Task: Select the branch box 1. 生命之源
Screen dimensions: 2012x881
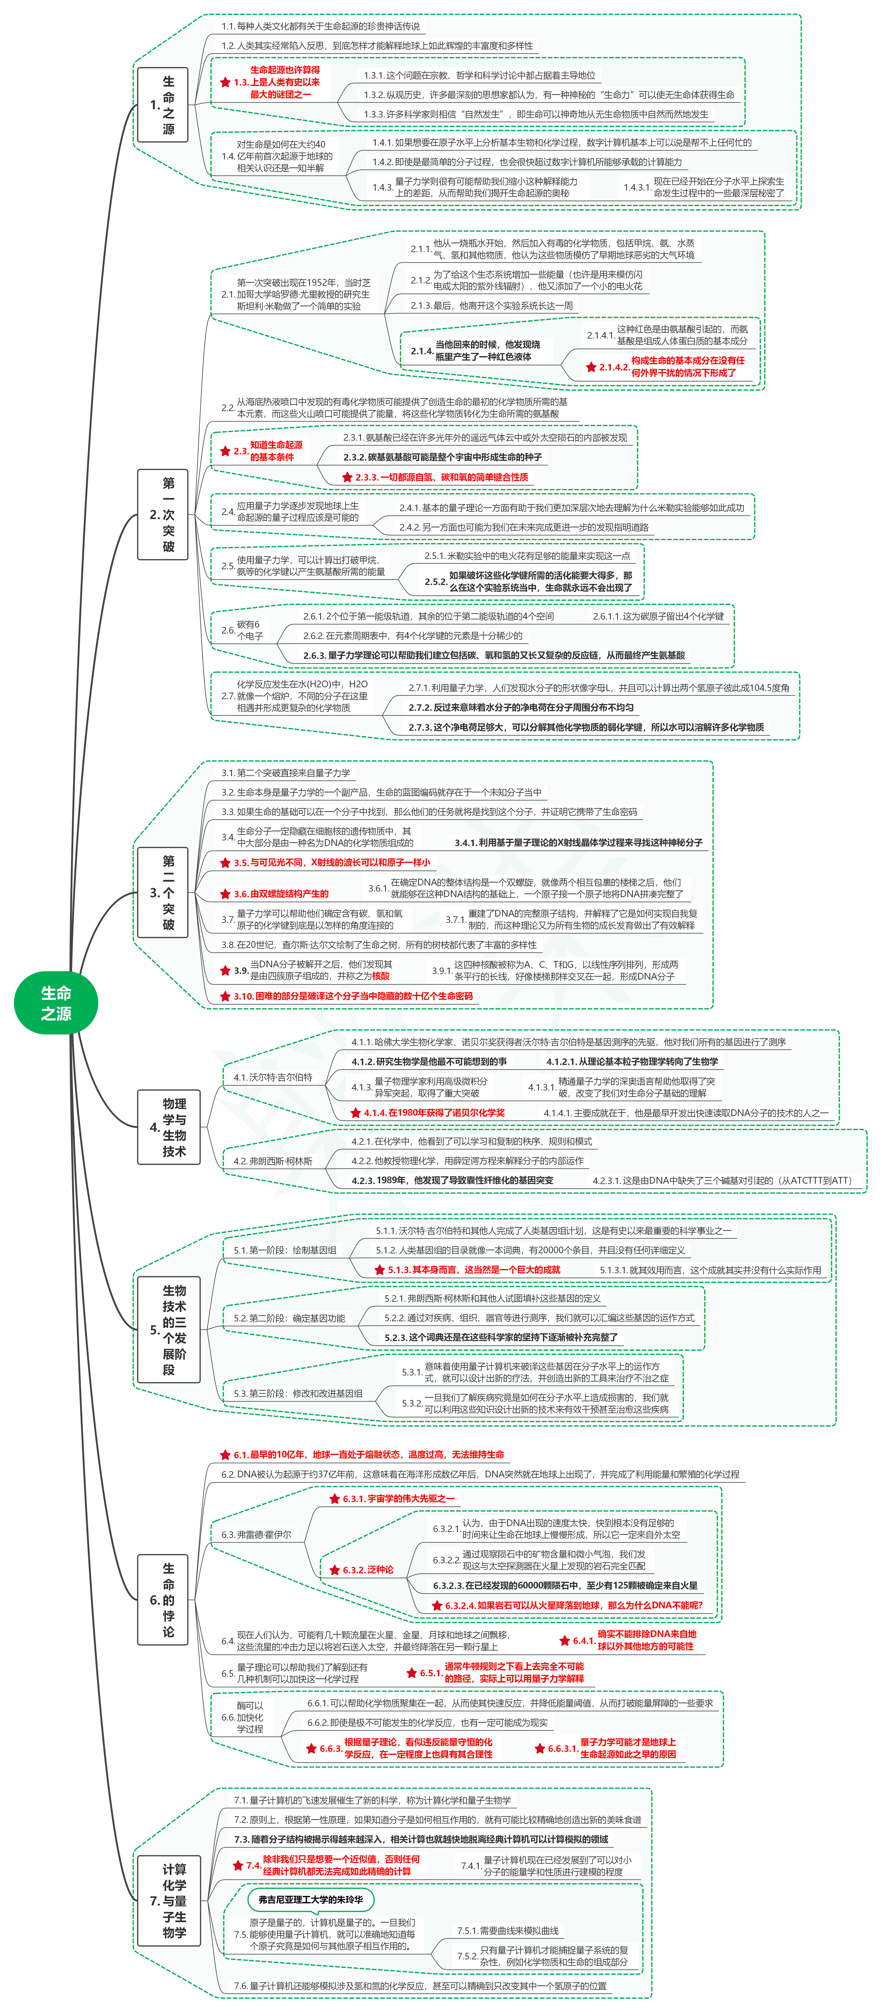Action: (162, 105)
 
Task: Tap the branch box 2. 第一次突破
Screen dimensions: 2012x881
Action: (162, 515)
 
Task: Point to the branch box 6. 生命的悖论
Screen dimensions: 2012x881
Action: (162, 1600)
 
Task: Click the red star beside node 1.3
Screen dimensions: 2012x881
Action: (225, 82)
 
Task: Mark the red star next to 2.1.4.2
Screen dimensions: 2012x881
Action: (591, 367)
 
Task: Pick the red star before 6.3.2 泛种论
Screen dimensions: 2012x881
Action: (334, 1570)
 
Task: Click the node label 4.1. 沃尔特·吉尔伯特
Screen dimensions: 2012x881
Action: (273, 1077)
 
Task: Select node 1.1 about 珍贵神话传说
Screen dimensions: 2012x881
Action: (320, 27)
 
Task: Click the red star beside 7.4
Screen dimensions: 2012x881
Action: (238, 1865)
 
